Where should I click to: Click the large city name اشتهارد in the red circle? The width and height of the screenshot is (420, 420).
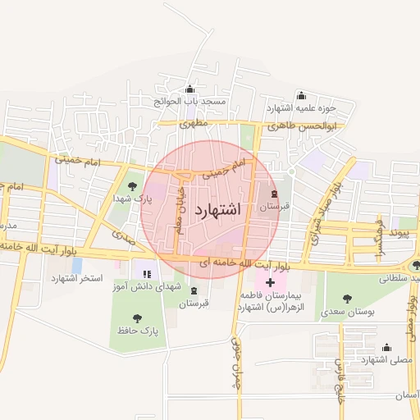tap(218, 209)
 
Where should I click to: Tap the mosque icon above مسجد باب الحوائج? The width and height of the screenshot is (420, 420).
tap(191, 89)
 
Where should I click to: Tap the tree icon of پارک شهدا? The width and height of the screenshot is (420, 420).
tap(131, 187)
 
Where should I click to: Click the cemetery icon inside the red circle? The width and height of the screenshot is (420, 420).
tap(275, 195)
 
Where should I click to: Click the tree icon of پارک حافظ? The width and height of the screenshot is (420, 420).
tap(137, 317)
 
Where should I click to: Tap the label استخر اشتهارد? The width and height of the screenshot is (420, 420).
tap(77, 279)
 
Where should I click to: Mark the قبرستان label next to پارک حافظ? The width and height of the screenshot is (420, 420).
tap(194, 304)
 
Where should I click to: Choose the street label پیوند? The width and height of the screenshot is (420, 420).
tap(397, 233)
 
